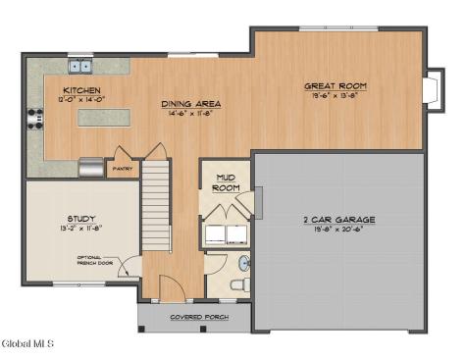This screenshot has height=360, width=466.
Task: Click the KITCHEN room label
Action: point(82,90)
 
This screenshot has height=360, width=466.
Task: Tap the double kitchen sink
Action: point(79,67)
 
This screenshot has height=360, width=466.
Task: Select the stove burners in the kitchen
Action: point(35,117)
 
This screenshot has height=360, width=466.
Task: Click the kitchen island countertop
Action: point(104,118)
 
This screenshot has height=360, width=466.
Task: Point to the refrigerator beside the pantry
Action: point(91,168)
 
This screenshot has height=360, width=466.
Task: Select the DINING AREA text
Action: point(191,103)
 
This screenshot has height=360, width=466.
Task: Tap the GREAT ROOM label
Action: point(336,86)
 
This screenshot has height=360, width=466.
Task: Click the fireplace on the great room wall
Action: point(431,89)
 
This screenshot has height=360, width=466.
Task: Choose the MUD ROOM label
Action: point(226,182)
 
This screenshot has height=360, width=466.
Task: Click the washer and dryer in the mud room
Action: point(226,232)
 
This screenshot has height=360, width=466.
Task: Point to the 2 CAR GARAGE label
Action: point(339,220)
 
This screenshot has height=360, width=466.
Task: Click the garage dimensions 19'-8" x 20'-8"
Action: point(339,230)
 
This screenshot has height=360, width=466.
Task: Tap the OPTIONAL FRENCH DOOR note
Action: point(98,261)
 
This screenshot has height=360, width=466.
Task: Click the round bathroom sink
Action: point(244,264)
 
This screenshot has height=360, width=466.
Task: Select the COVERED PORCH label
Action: point(200,318)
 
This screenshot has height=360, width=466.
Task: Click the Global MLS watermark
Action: point(27,343)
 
